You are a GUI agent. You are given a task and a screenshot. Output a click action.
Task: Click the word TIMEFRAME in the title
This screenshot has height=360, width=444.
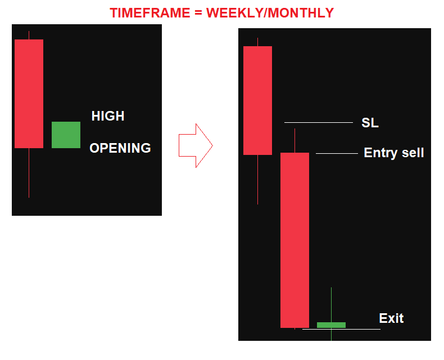tap(150, 13)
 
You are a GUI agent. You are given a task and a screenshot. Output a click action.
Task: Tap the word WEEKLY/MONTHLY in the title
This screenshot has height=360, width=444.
tap(270, 13)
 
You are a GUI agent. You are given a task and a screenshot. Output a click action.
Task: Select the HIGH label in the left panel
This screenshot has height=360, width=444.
tap(108, 116)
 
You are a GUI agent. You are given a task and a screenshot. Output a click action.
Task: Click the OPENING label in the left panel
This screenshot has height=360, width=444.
tap(120, 148)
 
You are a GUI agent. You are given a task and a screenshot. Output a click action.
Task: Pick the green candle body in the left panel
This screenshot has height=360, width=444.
tap(66, 135)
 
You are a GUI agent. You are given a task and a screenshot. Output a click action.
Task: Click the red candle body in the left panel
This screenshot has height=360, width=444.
tap(29, 94)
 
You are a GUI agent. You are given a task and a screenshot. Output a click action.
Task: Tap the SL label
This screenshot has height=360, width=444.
tap(370, 123)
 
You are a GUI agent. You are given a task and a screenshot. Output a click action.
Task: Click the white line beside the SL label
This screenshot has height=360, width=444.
tap(319, 122)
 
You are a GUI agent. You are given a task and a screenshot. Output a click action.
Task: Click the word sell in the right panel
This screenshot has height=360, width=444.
tap(413, 153)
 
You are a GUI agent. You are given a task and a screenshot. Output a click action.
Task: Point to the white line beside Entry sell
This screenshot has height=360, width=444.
tap(337, 153)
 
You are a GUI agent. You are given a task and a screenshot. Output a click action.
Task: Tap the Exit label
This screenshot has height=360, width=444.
tap(391, 318)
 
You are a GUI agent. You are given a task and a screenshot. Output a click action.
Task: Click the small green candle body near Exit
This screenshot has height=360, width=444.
tap(331, 325)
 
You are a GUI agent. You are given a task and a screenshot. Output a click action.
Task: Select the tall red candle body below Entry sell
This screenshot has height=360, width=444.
tap(295, 240)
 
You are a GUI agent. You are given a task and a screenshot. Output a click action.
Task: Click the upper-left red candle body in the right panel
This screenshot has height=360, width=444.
tap(257, 100)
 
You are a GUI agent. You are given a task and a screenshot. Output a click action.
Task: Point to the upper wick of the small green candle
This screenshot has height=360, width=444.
tap(331, 305)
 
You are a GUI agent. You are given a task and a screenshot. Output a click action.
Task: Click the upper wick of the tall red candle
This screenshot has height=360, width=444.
tap(295, 140)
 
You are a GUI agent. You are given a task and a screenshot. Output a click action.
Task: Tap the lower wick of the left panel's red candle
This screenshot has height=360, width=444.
tap(29, 173)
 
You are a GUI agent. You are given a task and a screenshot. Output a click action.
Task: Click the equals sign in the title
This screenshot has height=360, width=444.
tap(198, 14)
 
